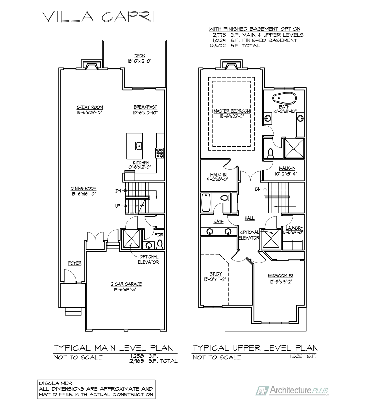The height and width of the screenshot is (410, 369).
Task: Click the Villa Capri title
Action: pos(98,17)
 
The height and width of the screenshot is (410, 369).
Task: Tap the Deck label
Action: pos(140,56)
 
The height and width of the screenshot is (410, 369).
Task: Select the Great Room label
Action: pos(90,107)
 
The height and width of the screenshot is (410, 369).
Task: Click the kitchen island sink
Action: pos(139,146)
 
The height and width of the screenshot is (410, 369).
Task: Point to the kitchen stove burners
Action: pos(160,153)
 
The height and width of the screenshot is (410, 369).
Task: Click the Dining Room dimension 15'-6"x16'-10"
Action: pos(84,194)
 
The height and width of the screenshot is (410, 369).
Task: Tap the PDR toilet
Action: pos(160,244)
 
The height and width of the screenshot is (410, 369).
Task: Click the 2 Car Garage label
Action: pos(126,284)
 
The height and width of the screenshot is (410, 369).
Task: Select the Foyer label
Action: pos(74,263)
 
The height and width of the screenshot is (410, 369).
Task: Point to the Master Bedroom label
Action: pos(232,111)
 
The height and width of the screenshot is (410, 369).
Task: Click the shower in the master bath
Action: pos(294,149)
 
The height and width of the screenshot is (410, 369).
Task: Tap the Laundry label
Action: pos(295,228)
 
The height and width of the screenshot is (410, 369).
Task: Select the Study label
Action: pos(216,274)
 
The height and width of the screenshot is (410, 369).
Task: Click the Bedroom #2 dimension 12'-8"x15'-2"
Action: pos(281,282)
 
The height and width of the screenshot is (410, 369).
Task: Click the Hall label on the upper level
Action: pos(249,218)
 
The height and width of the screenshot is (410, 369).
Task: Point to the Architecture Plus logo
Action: pos(291,391)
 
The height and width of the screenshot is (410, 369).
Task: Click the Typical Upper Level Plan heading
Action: pos(255,348)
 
